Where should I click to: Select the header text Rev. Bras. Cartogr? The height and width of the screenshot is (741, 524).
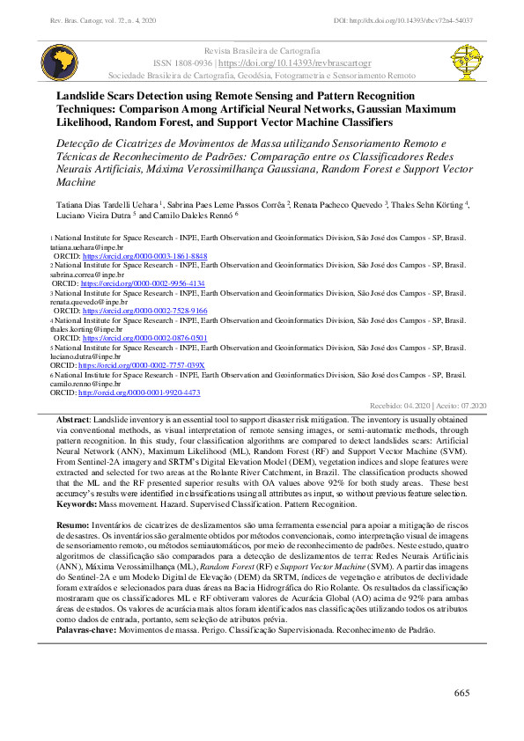[80, 19]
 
